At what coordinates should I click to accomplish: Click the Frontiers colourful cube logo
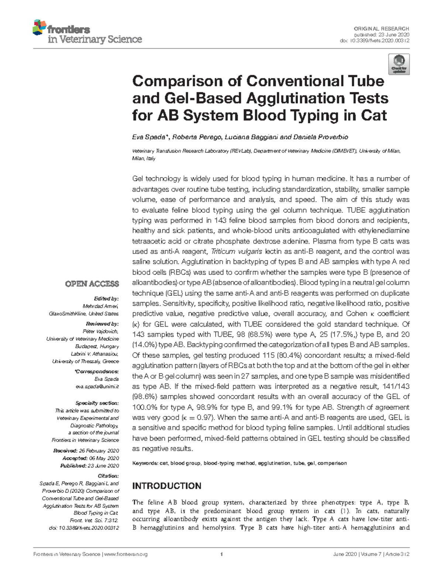coord(39,27)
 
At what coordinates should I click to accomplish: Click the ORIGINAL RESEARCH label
coord(381,28)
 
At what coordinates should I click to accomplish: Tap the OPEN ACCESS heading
coord(92,284)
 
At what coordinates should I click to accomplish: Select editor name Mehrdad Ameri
coord(100,306)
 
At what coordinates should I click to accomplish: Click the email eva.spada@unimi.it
coord(97,386)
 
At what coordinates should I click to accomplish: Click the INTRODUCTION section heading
coord(166,486)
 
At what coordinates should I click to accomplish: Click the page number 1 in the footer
coord(221,555)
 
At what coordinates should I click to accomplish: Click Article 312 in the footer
coord(398,555)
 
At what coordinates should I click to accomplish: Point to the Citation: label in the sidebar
coord(108,476)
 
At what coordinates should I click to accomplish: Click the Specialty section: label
coord(97,403)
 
